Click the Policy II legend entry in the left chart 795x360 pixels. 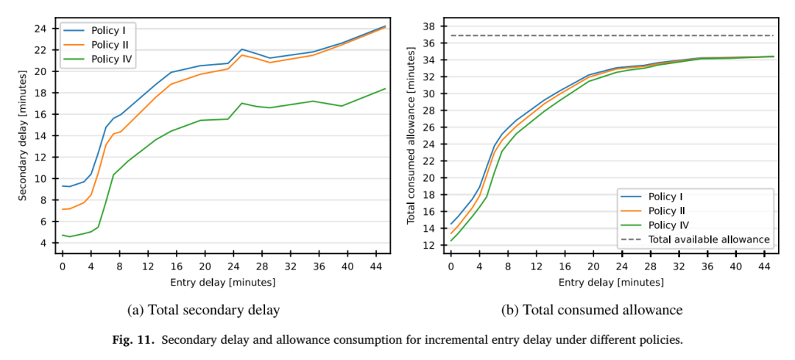[x=96, y=46]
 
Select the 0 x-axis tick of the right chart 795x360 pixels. [x=451, y=266]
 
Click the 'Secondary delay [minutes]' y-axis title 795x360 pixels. [x=24, y=136]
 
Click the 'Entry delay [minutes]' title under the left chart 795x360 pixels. [x=223, y=283]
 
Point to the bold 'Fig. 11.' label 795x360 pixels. [x=128, y=339]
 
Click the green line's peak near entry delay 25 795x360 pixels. [x=242, y=103]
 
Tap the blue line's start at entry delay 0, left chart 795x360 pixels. [x=63, y=186]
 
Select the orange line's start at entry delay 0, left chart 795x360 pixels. [x=63, y=209]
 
